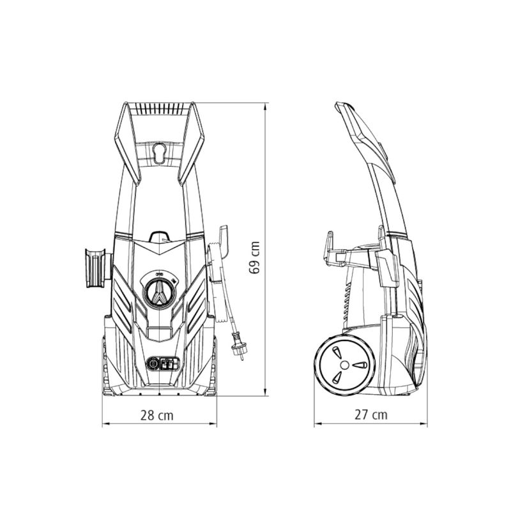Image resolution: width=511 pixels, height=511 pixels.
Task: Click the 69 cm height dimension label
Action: click(x=254, y=257)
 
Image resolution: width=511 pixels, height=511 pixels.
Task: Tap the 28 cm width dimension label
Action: click(x=157, y=416)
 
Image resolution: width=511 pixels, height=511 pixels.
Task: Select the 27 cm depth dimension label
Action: click(x=371, y=415)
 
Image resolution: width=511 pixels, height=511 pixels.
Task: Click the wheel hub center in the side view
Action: click(x=344, y=365)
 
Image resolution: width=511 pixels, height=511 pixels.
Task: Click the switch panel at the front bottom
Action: click(x=163, y=363)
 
